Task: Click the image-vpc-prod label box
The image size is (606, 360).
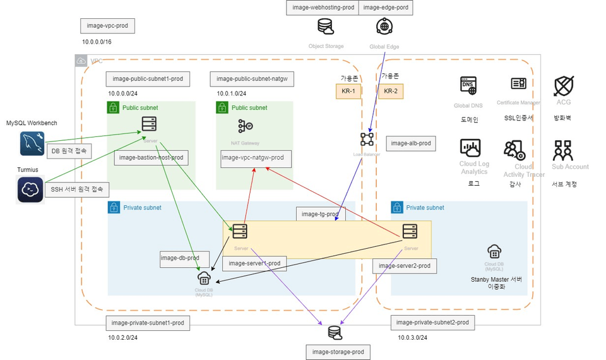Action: click(108, 26)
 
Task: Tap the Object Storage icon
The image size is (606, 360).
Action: click(326, 27)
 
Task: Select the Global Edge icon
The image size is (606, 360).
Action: click(384, 27)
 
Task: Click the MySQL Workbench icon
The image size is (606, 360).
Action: click(32, 144)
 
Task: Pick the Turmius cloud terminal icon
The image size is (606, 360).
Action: click(30, 189)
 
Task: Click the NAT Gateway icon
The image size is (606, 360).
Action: click(245, 126)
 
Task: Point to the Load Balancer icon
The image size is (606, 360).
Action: click(367, 139)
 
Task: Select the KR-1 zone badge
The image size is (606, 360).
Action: click(348, 91)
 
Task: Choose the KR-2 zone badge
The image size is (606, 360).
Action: click(390, 91)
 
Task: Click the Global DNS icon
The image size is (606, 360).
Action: click(468, 86)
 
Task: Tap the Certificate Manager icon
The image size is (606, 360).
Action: click(518, 84)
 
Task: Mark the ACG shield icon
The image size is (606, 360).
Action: click(563, 85)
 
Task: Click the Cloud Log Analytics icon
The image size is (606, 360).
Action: click(471, 148)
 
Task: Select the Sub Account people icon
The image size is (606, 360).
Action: click(562, 150)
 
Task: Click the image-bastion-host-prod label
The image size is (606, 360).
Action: click(151, 157)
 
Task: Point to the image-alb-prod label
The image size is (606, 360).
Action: click(411, 143)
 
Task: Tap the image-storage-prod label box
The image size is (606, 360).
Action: click(338, 352)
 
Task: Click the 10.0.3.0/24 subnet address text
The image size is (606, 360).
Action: click(412, 338)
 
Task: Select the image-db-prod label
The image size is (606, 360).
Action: click(180, 258)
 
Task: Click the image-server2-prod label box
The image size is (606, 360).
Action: click(404, 266)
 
